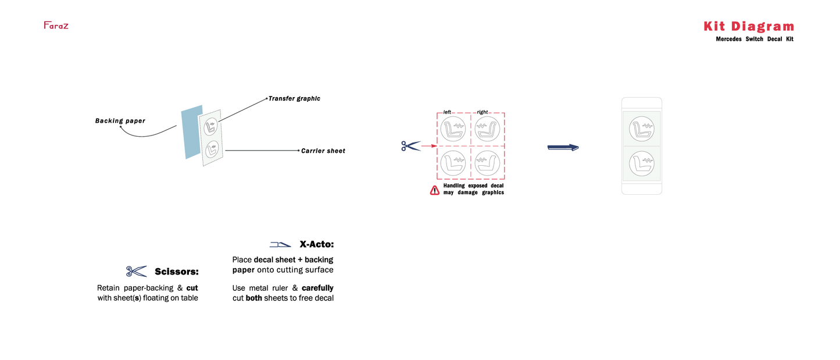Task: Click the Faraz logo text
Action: pyautogui.click(x=56, y=26)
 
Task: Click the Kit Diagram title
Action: pyautogui.click(x=749, y=26)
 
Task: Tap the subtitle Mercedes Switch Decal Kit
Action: pyautogui.click(x=755, y=39)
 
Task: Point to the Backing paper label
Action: pyautogui.click(x=120, y=121)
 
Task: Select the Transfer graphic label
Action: pyautogui.click(x=294, y=99)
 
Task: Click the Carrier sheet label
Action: pyautogui.click(x=323, y=151)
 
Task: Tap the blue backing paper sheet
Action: pyautogui.click(x=192, y=132)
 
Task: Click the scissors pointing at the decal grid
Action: pyautogui.click(x=410, y=146)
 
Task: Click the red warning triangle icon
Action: pyautogui.click(x=435, y=191)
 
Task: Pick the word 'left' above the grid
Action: pyautogui.click(x=447, y=112)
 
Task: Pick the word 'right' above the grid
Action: pyautogui.click(x=482, y=112)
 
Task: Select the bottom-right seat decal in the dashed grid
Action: pyautogui.click(x=487, y=163)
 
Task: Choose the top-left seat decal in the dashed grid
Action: pyautogui.click(x=453, y=129)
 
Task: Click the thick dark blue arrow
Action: pyautogui.click(x=563, y=147)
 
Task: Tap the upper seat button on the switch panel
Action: pyautogui.click(x=642, y=129)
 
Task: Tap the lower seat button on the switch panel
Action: pyautogui.click(x=642, y=163)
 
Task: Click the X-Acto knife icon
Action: pyautogui.click(x=280, y=245)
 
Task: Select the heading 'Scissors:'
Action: pyautogui.click(x=177, y=272)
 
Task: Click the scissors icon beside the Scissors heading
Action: pyautogui.click(x=136, y=271)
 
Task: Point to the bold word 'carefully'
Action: pyautogui.click(x=317, y=288)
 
